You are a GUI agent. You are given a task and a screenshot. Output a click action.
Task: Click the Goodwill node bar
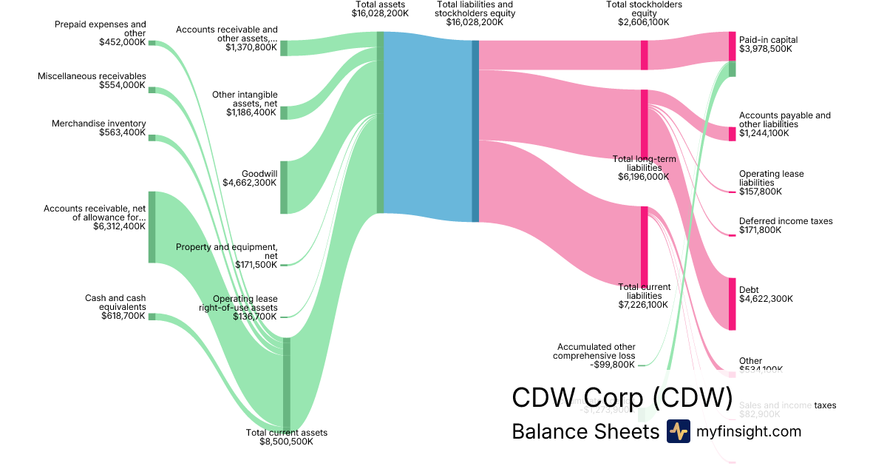point(284,187)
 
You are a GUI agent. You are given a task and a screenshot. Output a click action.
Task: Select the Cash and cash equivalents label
point(115,303)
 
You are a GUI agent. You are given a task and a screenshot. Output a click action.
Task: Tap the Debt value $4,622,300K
point(766,299)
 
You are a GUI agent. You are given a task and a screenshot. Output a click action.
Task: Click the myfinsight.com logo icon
point(678,431)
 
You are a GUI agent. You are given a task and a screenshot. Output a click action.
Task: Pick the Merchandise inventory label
point(99,124)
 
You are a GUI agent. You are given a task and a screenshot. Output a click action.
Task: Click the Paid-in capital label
point(768,40)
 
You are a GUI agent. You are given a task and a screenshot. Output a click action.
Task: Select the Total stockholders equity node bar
point(644,55)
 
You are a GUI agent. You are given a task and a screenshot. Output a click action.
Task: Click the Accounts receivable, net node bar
point(152,226)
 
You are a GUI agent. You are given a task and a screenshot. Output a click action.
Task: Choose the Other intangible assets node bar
point(284,112)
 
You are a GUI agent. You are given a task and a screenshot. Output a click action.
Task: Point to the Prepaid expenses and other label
point(101,28)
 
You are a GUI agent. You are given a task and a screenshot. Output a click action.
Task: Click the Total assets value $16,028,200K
point(380,13)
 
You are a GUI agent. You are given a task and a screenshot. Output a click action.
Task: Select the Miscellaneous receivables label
point(92,76)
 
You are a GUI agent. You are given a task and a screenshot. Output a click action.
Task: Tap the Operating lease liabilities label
point(771,178)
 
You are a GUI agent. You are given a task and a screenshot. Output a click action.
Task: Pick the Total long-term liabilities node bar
point(644,124)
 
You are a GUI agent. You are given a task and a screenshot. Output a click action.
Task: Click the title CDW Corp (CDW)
point(622,397)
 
